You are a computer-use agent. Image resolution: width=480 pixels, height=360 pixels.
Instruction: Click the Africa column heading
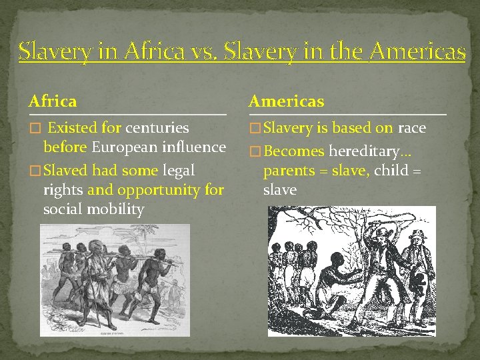click(53, 101)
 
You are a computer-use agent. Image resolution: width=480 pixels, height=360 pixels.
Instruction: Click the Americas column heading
click(286, 101)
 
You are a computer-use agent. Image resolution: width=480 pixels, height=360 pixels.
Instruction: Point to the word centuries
click(157, 127)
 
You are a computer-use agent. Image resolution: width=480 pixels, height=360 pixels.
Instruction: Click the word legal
click(179, 171)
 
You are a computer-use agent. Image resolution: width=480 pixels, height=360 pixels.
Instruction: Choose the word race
click(411, 127)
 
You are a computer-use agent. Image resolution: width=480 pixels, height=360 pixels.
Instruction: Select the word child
click(391, 171)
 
